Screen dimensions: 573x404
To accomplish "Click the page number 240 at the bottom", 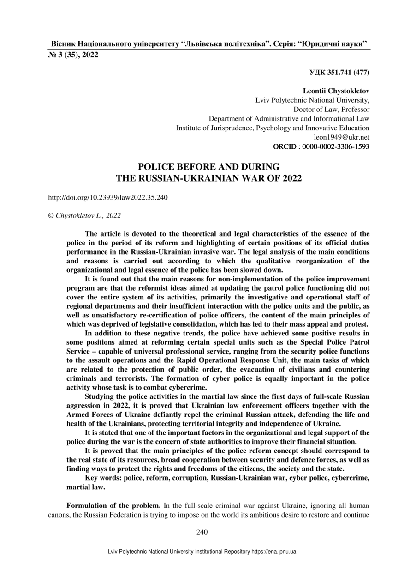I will pyautogui.click(x=202, y=532).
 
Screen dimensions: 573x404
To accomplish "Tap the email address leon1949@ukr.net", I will pyautogui.click(x=341, y=137).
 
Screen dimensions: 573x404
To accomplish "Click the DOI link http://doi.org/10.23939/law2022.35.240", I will pyautogui.click(x=108, y=197).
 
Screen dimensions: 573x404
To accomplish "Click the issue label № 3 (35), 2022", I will pyautogui.click(x=73, y=55).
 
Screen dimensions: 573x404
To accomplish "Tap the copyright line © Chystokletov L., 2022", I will pyautogui.click(x=84, y=215).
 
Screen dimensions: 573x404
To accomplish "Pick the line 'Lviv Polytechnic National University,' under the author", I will pyautogui.click(x=312, y=100).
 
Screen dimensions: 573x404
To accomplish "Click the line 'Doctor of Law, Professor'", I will pyautogui.click(x=331, y=110).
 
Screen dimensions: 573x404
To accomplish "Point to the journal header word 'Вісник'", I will pyautogui.click(x=63, y=44).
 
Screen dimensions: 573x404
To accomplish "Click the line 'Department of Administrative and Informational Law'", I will pyautogui.click(x=289, y=119).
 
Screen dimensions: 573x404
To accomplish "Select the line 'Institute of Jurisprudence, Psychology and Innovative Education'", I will pyautogui.click(x=273, y=128).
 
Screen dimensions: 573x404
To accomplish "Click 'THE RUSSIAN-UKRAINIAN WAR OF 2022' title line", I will pyautogui.click(x=209, y=178).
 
